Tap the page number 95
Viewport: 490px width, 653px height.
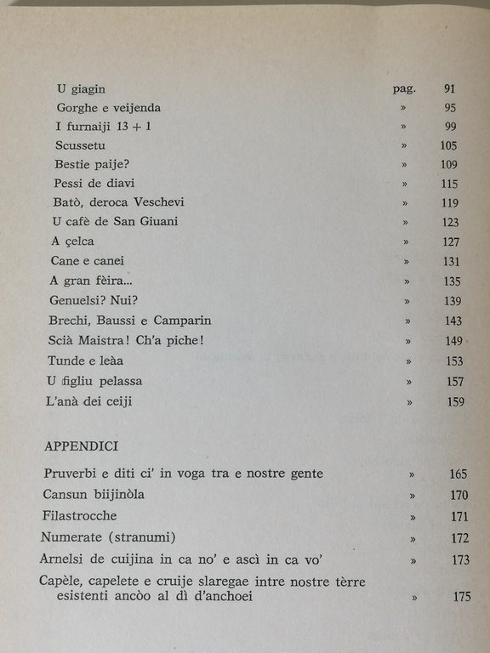(450, 108)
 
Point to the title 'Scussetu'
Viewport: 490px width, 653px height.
(81, 145)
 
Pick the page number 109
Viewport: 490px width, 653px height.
(450, 164)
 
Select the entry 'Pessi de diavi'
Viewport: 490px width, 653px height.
(94, 183)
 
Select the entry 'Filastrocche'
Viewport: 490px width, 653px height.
(80, 516)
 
